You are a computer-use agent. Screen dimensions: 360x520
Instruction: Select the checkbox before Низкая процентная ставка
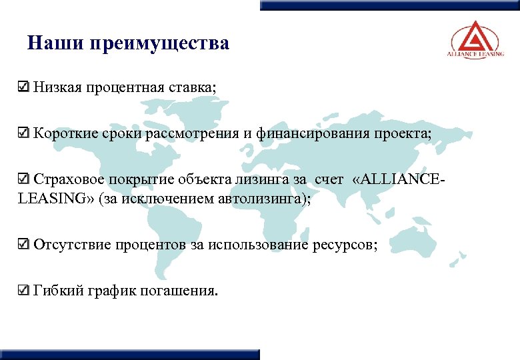[x=23, y=87]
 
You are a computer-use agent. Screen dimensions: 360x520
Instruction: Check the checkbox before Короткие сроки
[x=23, y=133]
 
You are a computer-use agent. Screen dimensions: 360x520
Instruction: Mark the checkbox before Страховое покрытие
[x=23, y=179]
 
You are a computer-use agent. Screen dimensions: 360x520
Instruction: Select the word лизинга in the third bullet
[x=256, y=179]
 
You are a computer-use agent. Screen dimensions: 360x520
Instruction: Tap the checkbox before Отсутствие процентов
[x=23, y=245]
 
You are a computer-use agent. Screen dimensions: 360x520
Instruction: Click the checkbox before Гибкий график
[x=23, y=291]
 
